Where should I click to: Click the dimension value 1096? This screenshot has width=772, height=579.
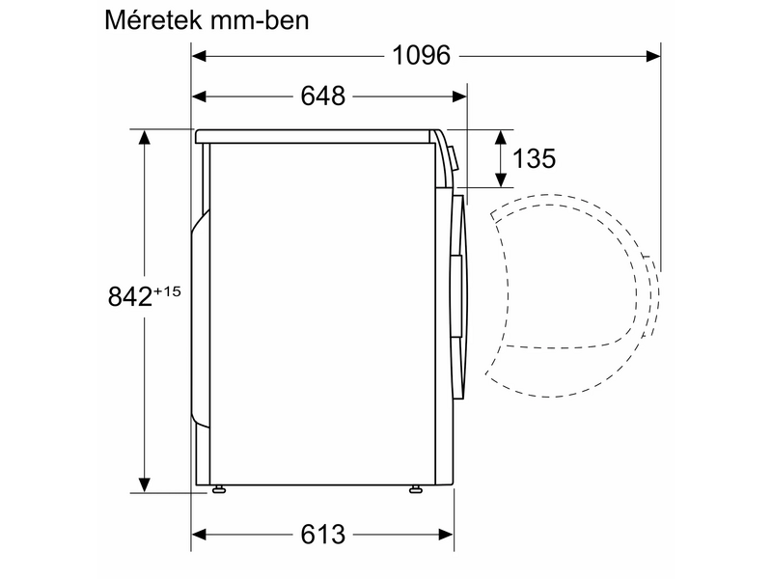(x=421, y=56)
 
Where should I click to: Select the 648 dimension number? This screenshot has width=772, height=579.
(x=323, y=96)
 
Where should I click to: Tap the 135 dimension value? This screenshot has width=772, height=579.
(x=535, y=158)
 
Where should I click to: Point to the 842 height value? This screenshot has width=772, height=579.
(x=130, y=296)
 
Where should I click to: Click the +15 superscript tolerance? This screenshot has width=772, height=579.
(x=167, y=291)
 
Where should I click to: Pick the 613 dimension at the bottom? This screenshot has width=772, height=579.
(x=323, y=535)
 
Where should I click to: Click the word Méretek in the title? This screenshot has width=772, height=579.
(x=153, y=20)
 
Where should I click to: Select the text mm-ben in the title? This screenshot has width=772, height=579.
(x=260, y=20)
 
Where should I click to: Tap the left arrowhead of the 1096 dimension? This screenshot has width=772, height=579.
(x=199, y=56)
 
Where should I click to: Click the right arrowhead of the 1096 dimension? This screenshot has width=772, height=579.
(x=653, y=56)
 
